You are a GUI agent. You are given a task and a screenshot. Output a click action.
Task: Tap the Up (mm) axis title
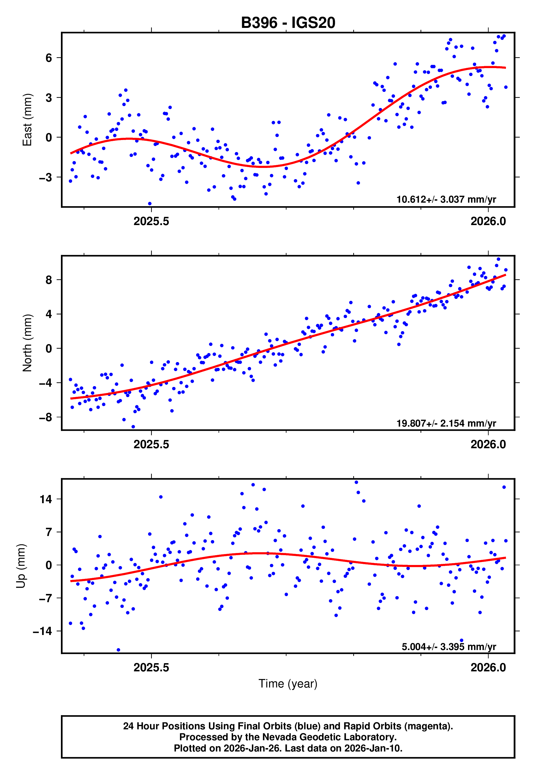point(21,566)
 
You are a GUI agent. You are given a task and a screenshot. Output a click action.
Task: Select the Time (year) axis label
point(288,684)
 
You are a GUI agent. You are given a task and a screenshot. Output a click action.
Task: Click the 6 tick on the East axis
point(49,58)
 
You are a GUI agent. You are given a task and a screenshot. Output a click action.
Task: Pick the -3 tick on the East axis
point(46,177)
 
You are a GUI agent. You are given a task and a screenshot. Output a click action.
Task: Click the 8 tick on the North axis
point(49,280)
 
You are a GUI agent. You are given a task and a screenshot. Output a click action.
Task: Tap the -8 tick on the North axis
point(46,417)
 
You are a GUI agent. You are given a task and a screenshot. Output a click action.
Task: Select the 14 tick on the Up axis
point(46,499)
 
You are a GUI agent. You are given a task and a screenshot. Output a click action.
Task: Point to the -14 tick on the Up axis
point(42,631)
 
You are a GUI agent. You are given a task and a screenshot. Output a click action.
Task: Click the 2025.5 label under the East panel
point(151,221)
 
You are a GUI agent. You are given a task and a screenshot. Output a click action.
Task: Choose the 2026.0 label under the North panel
point(488,444)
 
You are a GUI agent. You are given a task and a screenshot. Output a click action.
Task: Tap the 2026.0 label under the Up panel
point(488,667)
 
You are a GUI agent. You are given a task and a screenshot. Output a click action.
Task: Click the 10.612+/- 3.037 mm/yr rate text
point(446,199)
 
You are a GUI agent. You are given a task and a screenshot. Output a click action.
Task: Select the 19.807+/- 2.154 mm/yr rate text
point(446,423)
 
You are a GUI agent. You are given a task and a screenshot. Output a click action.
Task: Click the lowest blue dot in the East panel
point(150,204)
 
